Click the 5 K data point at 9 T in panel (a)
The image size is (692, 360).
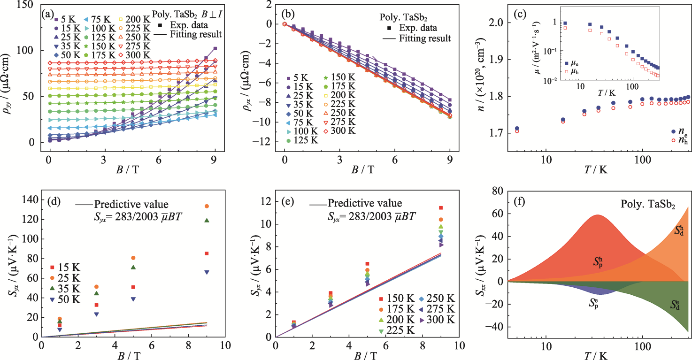click(215, 48)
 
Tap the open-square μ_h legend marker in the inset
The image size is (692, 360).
click(567, 71)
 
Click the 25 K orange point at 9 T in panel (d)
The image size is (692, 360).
click(207, 206)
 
